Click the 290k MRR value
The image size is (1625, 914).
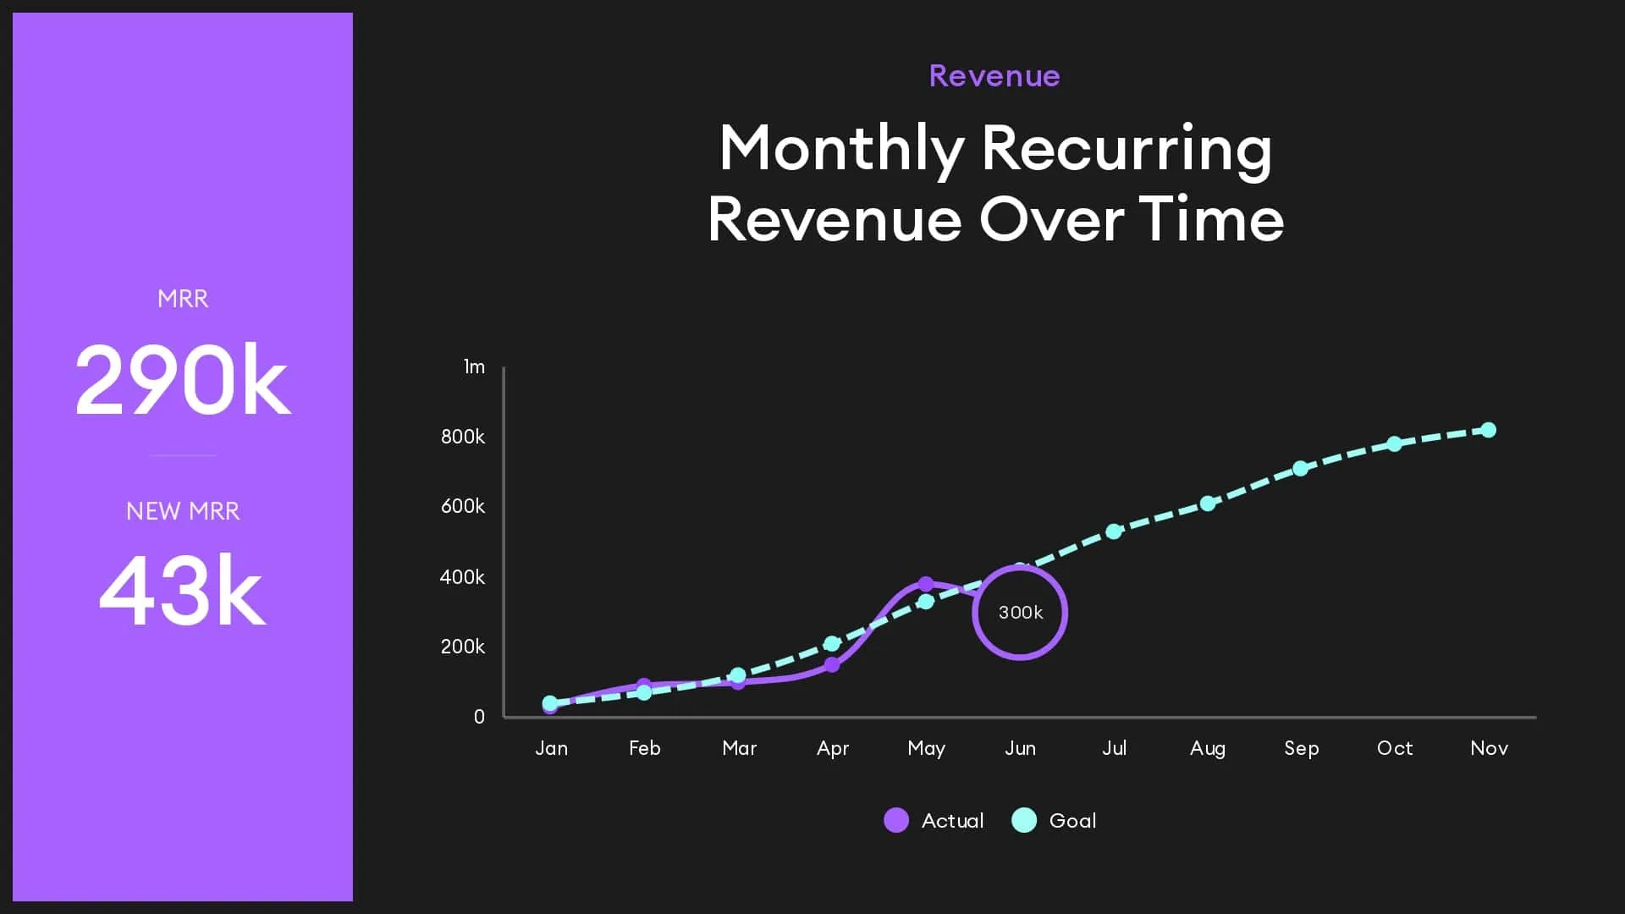[182, 380]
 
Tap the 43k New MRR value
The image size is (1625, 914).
[182, 591]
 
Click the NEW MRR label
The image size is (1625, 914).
[182, 511]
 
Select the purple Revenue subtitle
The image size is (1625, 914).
[994, 76]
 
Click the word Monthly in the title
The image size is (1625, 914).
[841, 149]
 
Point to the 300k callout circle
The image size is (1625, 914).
[1020, 612]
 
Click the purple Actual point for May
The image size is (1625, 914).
[926, 584]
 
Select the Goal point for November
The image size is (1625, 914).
[1489, 430]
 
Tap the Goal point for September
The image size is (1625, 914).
[1301, 468]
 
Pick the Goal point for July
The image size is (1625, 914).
[1114, 531]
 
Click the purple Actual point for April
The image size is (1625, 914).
[832, 664]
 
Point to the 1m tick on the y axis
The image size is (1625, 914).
[474, 366]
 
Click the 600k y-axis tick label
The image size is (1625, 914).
[463, 506]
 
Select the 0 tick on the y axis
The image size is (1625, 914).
[479, 716]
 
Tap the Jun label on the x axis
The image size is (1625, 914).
[1020, 748]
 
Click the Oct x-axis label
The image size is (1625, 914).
[1395, 748]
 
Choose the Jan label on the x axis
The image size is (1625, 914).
[551, 748]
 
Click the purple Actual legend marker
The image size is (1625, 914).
[896, 820]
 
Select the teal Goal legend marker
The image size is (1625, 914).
[1024, 820]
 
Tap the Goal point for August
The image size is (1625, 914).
[1208, 504]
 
